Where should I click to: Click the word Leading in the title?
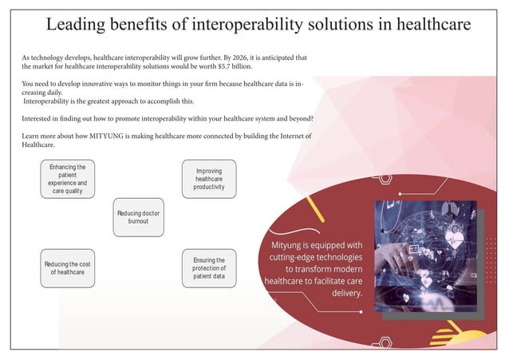coord(80,25)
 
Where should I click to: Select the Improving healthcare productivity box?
coord(208,180)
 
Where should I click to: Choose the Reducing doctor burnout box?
coord(138,217)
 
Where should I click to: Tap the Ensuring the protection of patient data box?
coord(208,269)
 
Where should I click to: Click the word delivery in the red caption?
coord(347,293)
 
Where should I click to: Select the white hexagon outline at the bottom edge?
coord(385,343)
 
